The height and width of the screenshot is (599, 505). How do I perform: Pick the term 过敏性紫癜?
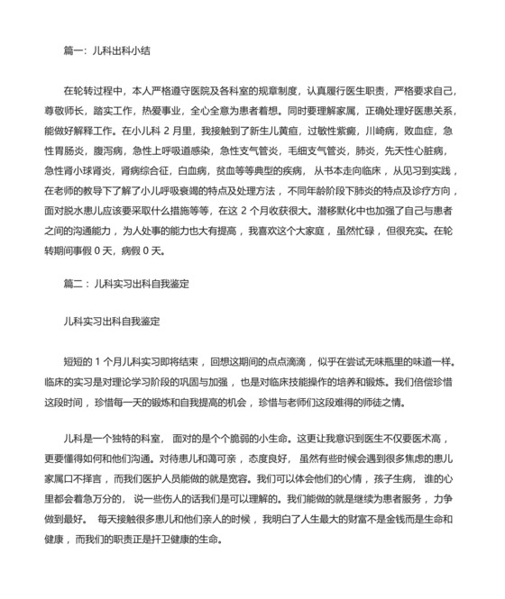tap(294, 130)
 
